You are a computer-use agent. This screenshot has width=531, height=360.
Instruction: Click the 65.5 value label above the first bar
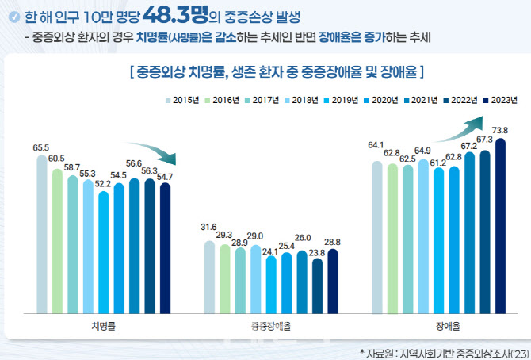tap(42, 147)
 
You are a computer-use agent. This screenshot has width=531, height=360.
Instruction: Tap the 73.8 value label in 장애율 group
tap(500, 130)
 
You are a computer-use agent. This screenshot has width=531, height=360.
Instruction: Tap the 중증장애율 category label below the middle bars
tap(270, 326)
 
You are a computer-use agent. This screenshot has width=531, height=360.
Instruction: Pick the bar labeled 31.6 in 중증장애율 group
tap(209, 277)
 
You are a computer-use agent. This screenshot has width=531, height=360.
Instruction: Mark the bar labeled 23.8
tap(317, 285)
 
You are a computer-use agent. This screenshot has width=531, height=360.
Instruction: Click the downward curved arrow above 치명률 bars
tap(151, 151)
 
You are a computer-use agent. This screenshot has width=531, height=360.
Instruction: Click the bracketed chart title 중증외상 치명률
tap(277, 73)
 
